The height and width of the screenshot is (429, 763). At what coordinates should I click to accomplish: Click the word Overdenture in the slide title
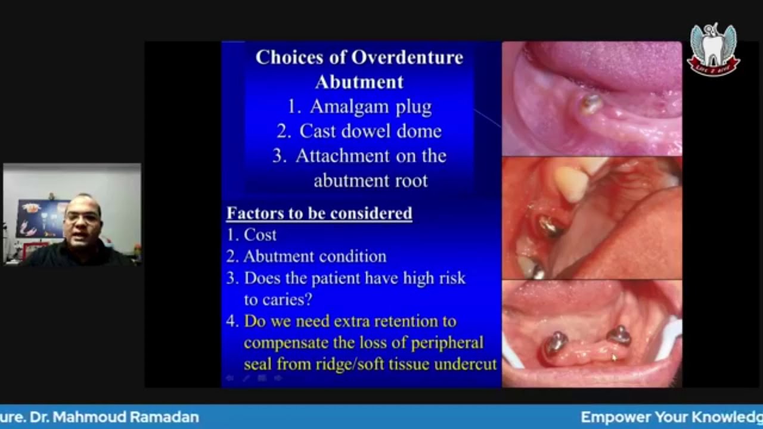[407, 57]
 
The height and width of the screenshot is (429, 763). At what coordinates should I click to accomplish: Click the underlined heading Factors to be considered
[319, 213]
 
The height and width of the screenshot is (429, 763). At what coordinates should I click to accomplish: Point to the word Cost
[260, 235]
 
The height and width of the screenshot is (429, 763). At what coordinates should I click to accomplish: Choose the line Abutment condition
[315, 257]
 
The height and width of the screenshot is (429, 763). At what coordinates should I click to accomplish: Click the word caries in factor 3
[286, 299]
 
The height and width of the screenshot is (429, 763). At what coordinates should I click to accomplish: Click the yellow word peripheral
[446, 343]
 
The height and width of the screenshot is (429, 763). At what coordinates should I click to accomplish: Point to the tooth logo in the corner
[713, 49]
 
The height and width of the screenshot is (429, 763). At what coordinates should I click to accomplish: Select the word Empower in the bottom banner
[615, 417]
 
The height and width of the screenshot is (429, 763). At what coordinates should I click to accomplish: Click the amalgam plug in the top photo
[591, 104]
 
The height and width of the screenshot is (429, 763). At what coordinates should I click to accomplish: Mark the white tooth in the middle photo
[570, 182]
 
